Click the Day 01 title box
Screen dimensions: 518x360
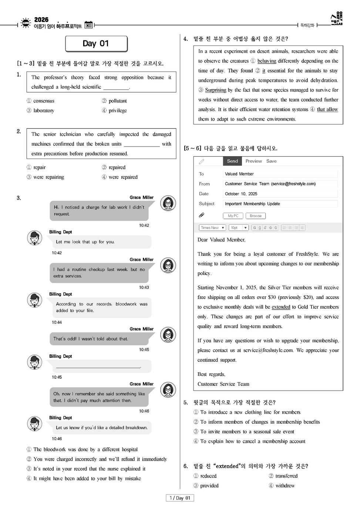96,44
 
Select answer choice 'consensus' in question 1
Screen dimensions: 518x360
43,101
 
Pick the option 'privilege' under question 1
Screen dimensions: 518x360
117,110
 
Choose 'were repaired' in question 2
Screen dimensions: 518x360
122,177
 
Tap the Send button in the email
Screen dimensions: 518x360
232,161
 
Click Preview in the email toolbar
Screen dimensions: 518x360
253,161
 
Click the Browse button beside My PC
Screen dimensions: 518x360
255,216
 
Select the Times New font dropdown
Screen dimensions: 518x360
212,228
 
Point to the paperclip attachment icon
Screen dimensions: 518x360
202,215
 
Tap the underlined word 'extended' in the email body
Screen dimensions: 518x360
281,307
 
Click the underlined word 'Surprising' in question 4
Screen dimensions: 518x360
216,90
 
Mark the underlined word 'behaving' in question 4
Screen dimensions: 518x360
267,61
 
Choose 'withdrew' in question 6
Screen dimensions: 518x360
285,485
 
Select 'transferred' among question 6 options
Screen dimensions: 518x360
286,476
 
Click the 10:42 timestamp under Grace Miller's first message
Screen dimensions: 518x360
144,225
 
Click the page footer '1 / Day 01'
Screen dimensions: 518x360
180,498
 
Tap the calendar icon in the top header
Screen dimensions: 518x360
88,25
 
